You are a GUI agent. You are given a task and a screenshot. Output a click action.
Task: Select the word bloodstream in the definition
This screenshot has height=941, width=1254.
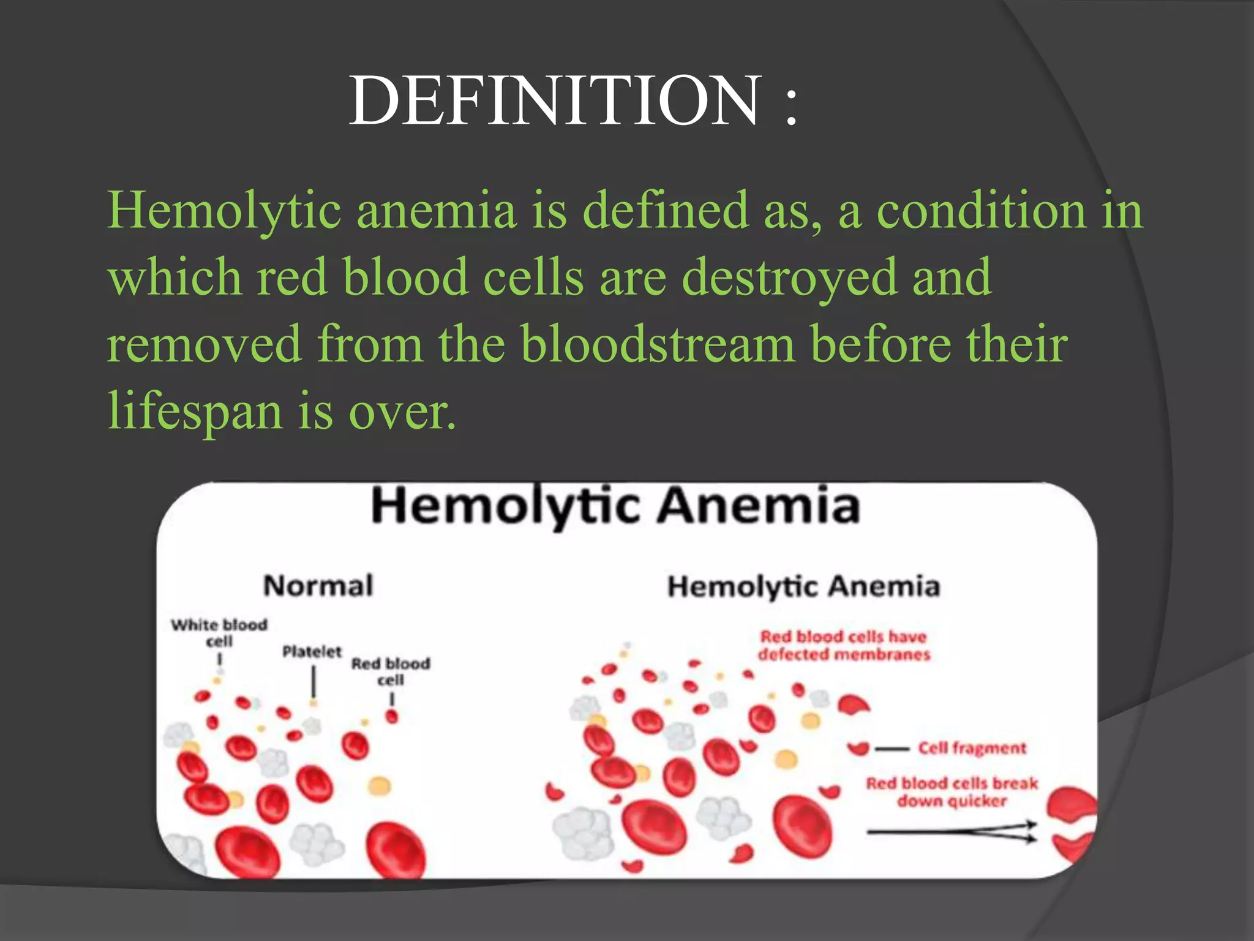658,344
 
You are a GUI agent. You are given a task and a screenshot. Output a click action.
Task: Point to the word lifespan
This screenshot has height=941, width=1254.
195,411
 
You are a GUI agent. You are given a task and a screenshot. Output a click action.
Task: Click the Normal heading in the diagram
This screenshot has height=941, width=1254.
318,586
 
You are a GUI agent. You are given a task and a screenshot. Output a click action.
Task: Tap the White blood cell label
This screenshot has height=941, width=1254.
219,633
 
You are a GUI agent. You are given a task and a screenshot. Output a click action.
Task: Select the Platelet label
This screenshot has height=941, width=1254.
312,652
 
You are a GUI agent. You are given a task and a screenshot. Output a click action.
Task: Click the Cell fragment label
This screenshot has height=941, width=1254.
972,748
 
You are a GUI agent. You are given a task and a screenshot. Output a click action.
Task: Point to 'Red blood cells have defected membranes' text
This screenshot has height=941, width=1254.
844,646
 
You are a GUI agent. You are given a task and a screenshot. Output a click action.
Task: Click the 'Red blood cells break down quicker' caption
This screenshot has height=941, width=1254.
952,792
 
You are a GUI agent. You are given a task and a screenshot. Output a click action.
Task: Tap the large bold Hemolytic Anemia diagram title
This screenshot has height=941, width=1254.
615,506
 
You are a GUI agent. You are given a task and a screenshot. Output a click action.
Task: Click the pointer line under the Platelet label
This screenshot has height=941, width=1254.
313,681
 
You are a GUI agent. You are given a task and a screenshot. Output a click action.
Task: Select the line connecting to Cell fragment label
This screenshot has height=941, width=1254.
892,749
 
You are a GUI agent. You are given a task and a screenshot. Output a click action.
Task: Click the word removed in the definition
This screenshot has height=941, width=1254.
205,344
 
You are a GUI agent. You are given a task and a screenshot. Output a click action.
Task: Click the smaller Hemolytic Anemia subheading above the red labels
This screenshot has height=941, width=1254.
803,586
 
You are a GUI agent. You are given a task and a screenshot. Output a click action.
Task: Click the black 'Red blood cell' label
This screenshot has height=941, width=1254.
391,671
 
